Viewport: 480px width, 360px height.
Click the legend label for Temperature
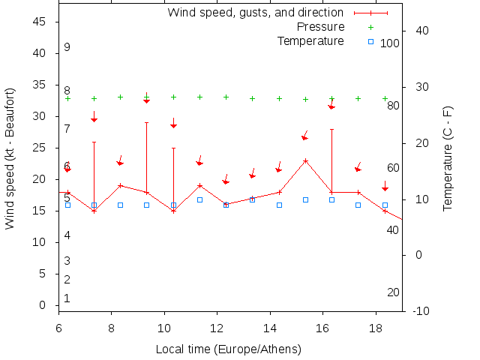(310, 40)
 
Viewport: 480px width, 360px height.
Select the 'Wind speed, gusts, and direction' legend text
(255, 13)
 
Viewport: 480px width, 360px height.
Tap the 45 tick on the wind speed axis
(41, 22)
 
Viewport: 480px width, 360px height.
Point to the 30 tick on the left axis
(41, 116)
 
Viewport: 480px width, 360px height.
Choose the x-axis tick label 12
(217, 328)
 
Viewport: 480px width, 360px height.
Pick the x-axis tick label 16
(323, 328)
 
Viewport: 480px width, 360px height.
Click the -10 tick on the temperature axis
(421, 310)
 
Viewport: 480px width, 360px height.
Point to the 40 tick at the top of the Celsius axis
(421, 31)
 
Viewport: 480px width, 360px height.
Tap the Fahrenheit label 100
(390, 43)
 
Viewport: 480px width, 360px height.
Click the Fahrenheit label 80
(393, 106)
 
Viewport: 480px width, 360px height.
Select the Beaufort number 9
(67, 47)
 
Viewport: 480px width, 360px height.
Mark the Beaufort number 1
(67, 298)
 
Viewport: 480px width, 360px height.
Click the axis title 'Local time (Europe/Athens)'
(228, 349)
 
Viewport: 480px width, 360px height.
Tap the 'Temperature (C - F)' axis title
(448, 158)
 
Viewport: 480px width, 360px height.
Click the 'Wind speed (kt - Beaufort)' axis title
(10, 158)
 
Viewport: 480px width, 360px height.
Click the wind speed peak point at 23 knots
(305, 160)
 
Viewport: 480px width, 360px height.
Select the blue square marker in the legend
(370, 40)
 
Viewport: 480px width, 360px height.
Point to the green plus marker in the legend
(370, 27)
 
